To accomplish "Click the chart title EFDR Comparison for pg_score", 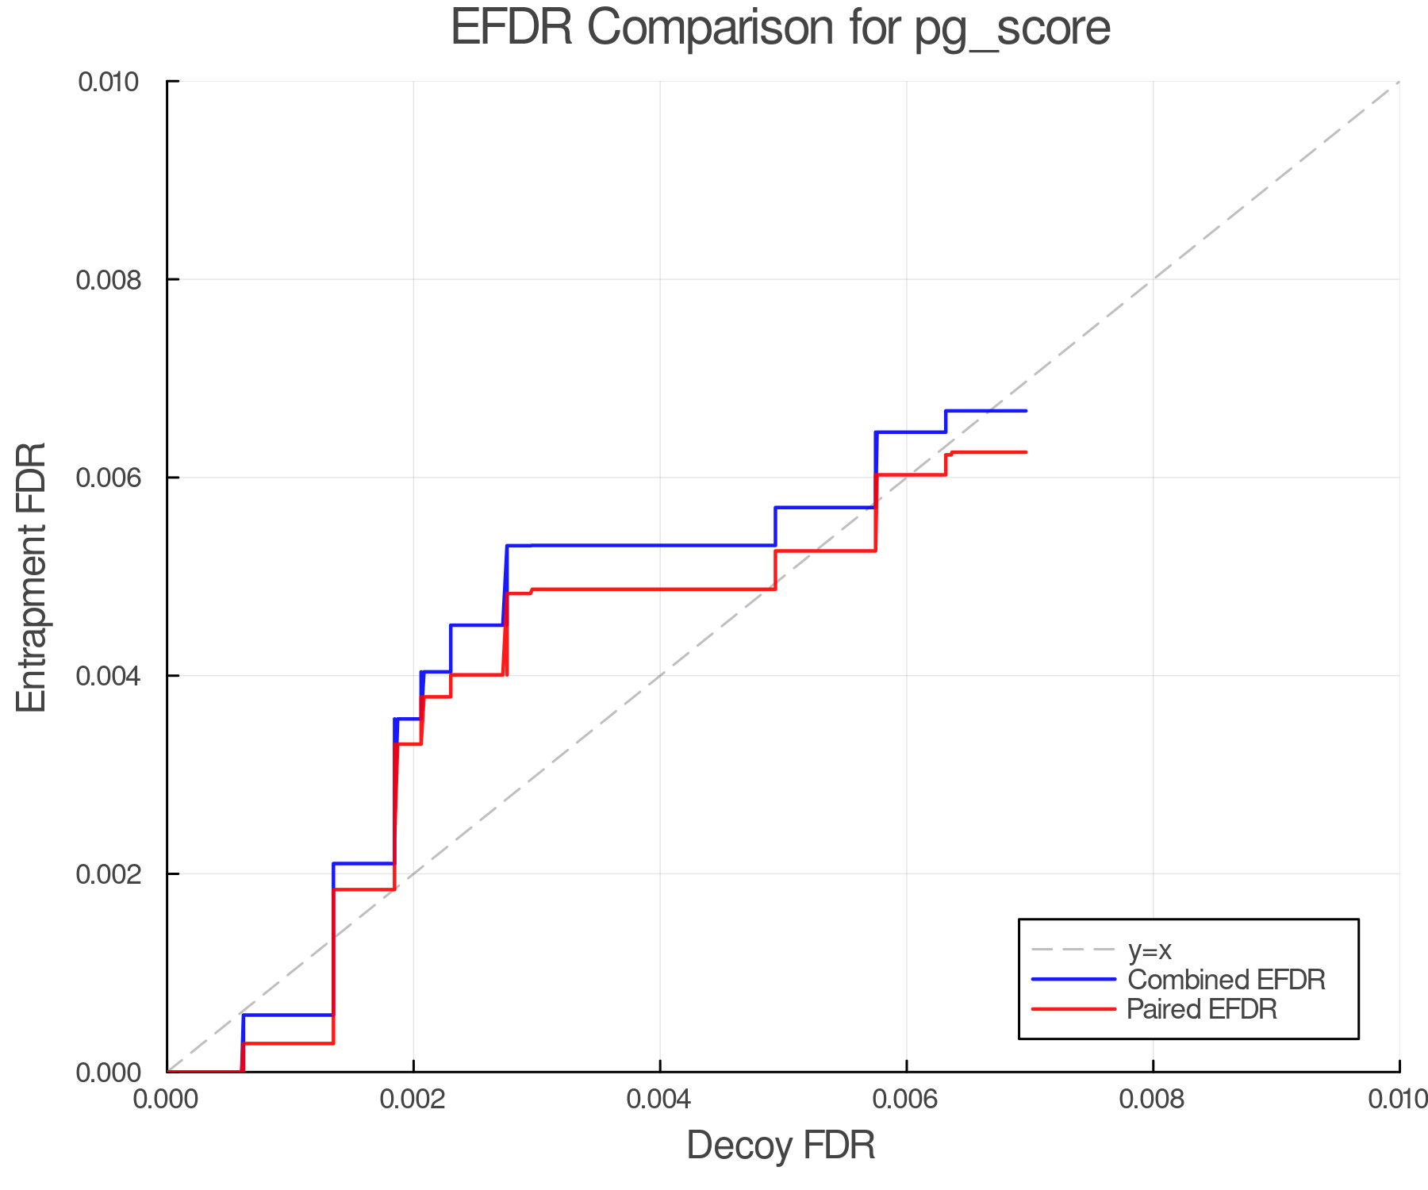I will (x=780, y=29).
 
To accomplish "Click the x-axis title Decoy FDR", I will (x=781, y=1146).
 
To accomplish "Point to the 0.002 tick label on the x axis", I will (x=413, y=1099).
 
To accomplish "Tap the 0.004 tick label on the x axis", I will (x=659, y=1099).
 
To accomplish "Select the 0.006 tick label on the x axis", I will (x=906, y=1099).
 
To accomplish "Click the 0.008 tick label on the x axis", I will (x=1152, y=1099).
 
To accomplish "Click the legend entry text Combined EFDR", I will (x=1226, y=980).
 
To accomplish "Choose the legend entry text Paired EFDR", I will (x=1202, y=1009).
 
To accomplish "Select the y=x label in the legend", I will (x=1150, y=950).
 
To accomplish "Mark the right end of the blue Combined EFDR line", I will (x=1027, y=411).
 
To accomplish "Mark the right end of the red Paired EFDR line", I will (x=1027, y=452).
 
